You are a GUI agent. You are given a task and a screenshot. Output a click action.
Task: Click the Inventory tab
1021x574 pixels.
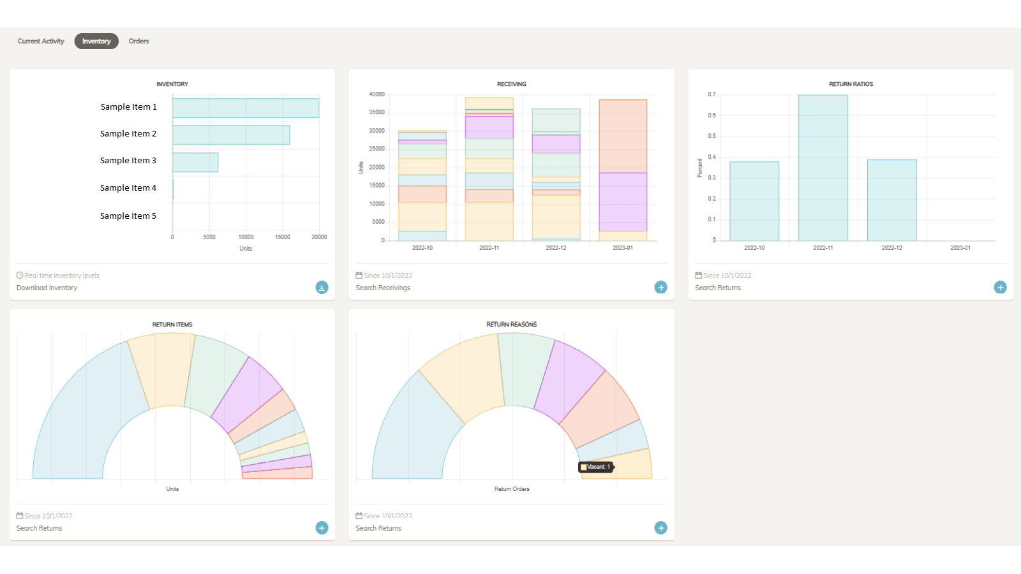point(96,41)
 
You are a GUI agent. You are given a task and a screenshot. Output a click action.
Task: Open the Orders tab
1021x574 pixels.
point(138,41)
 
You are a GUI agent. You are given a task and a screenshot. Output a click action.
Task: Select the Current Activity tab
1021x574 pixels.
point(41,41)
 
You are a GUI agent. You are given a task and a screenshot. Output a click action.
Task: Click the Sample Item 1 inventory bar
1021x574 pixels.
point(246,108)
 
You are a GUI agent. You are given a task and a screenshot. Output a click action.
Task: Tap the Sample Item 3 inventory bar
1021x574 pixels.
point(195,163)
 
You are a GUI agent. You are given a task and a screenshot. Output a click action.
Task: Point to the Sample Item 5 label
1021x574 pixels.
point(128,216)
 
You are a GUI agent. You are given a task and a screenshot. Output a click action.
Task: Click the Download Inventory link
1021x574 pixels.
point(47,288)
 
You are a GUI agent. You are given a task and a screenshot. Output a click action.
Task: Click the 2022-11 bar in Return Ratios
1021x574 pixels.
point(823,168)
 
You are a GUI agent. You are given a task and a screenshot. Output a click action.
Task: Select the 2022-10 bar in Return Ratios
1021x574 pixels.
point(754,201)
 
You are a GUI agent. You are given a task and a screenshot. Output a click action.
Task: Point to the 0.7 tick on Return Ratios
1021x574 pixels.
point(712,94)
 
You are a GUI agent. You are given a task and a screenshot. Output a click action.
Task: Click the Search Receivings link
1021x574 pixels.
point(383,288)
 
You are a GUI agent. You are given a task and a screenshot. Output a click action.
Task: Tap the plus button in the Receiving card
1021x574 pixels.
point(661,288)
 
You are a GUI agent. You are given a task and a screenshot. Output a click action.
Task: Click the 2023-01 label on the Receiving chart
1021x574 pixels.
point(623,248)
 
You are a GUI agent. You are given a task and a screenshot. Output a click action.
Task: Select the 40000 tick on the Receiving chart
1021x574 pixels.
point(376,94)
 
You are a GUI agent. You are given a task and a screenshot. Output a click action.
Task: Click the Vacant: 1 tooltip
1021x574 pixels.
point(596,467)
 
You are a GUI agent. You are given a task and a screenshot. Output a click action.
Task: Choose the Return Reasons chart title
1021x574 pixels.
point(512,325)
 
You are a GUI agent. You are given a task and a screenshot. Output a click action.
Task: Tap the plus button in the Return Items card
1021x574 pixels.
point(322,528)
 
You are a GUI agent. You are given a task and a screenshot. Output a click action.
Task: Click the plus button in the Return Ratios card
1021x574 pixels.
point(1000,288)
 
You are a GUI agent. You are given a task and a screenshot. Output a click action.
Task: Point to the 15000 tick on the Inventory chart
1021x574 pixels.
point(283,237)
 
